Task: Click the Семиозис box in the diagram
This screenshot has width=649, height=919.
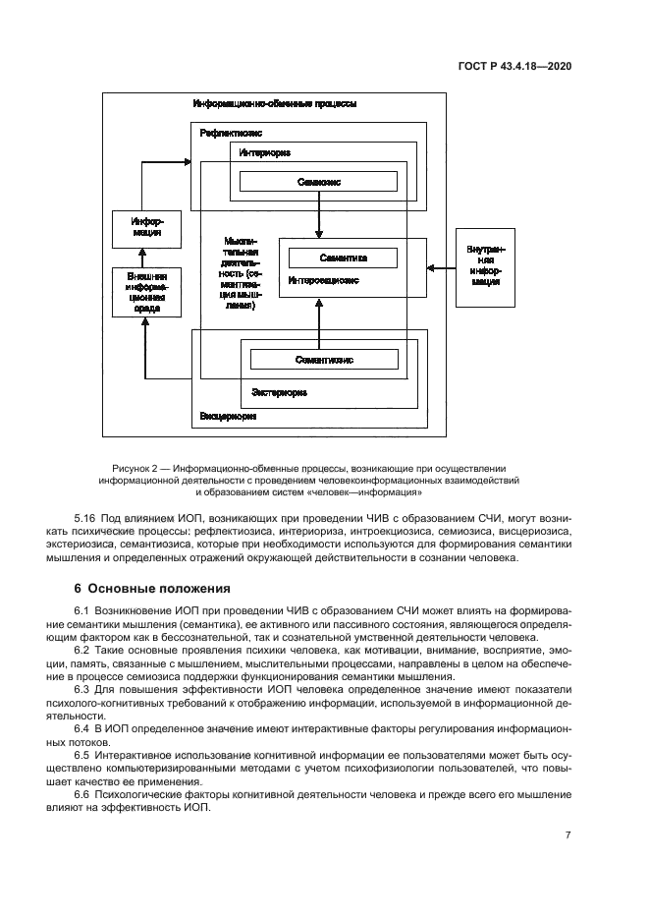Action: point(319,182)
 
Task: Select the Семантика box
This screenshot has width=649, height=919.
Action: point(343,258)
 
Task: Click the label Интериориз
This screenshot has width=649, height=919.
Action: point(264,152)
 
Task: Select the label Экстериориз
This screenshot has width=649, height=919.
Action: point(279,391)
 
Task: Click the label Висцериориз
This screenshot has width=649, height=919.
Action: point(228,416)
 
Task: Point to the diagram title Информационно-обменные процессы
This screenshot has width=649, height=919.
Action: point(274,103)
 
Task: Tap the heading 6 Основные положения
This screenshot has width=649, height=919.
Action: point(152,590)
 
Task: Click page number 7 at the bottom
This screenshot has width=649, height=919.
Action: point(568,834)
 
